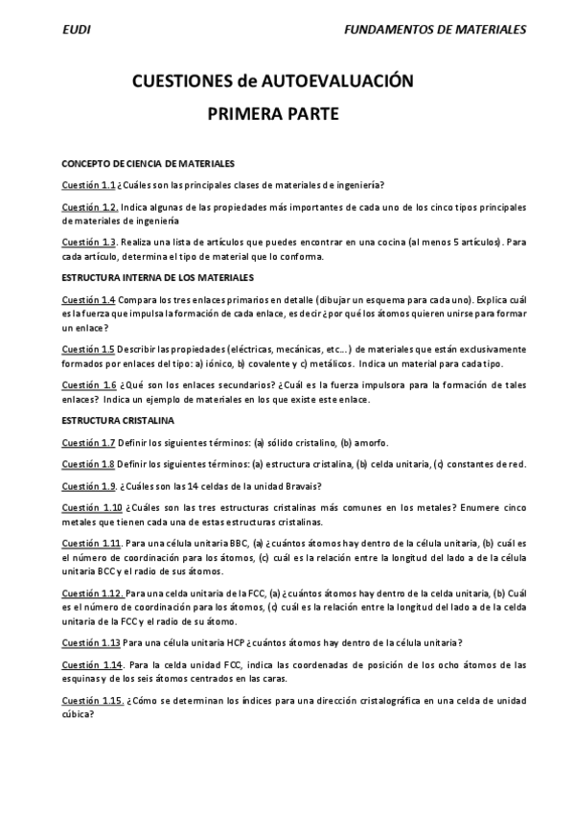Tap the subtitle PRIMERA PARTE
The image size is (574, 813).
tap(273, 114)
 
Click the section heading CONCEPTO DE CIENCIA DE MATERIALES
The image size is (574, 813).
tap(148, 164)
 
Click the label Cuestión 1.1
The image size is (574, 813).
tap(88, 186)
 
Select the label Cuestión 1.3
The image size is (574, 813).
tap(89, 242)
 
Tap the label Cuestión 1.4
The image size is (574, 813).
tap(88, 300)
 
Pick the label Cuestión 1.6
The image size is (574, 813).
tap(88, 384)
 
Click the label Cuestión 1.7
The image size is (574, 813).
tap(88, 442)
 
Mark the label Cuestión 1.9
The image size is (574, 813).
tap(89, 486)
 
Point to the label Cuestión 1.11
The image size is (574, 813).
tap(91, 544)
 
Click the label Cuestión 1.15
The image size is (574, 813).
tap(91, 700)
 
